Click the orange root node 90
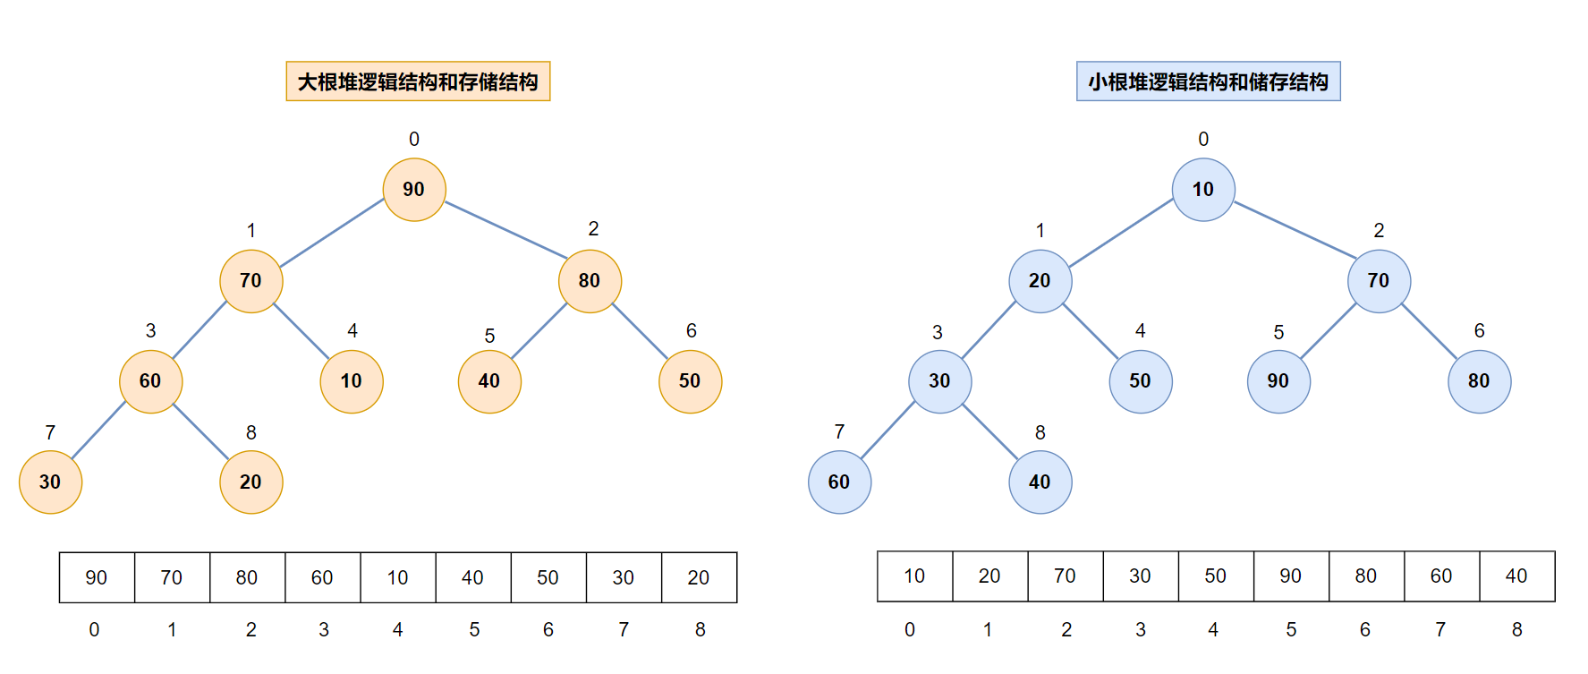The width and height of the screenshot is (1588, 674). coord(414,190)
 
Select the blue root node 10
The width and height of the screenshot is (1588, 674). coord(1203,190)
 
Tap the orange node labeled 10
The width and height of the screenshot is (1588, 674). coord(352,381)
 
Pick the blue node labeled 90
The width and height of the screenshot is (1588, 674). coord(1278,381)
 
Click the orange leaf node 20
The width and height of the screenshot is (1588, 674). coord(251,482)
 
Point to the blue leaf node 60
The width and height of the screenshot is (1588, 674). coord(839,482)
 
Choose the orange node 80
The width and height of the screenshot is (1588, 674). coord(590,281)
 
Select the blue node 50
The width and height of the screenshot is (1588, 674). coord(1140,381)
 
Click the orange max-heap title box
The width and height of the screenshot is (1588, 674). coord(418,81)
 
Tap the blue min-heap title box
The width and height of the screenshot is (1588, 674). coord(1208,81)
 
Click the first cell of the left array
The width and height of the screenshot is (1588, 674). coord(97,577)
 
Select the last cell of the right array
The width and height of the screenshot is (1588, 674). coord(1516,576)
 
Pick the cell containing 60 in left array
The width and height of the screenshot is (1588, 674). coord(322,577)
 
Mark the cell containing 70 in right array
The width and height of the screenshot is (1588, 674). coord(1065,576)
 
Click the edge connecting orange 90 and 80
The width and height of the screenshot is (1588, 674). coord(505,229)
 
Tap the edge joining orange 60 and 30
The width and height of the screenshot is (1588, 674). coord(99,431)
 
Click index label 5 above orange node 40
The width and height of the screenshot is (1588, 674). coord(489,336)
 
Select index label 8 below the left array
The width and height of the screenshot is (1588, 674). coord(701,630)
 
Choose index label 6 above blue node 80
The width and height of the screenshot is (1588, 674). coord(1480,331)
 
